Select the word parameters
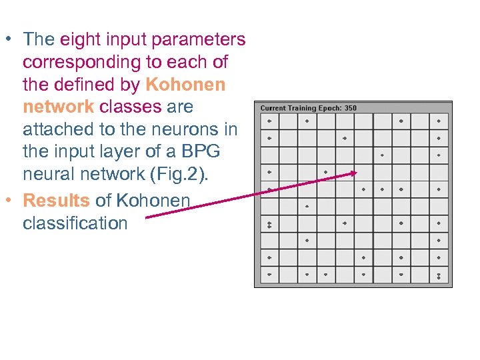tap(198, 39)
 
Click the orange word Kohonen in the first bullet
tap(185, 85)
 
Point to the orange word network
tap(58, 107)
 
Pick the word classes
tap(131, 107)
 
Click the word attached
tap(57, 129)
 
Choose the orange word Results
tap(57, 200)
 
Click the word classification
tap(75, 223)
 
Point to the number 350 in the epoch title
tap(351, 108)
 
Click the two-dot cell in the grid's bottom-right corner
tap(439, 275)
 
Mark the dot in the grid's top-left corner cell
tap(269, 121)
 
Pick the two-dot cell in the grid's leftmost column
tap(269, 223)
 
